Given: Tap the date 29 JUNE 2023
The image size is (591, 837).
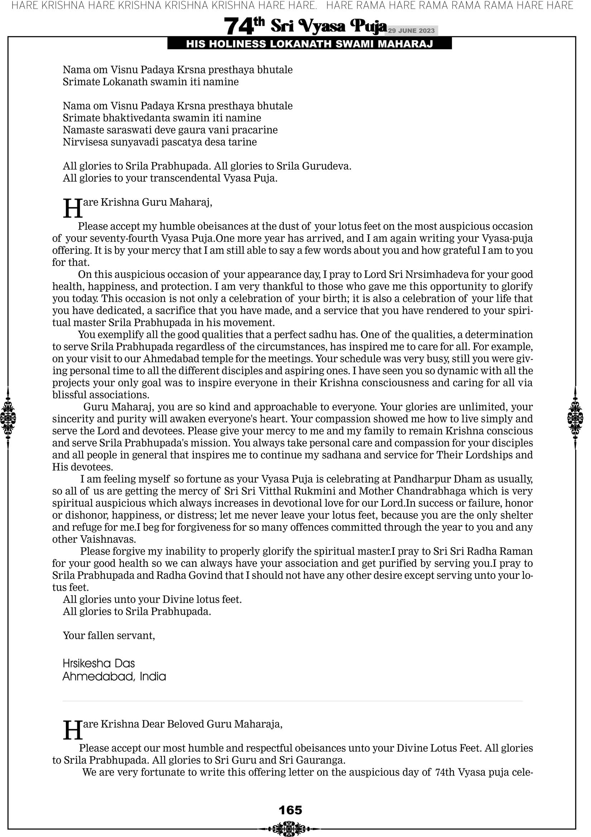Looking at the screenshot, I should coord(411,30).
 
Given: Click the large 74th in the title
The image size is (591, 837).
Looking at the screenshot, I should coord(244,26).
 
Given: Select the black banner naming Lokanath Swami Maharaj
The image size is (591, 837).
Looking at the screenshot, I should coord(309,44).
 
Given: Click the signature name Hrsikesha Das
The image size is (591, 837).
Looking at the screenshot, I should coord(98,663).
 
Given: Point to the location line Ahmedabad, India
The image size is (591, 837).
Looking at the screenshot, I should coord(114,677).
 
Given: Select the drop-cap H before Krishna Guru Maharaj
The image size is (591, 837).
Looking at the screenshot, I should coord(72,208).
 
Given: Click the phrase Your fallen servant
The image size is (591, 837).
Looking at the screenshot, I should coord(109,636).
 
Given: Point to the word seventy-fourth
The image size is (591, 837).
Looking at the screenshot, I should coord(124,238).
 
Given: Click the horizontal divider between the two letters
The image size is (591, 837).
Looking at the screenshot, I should coord(292,701).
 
